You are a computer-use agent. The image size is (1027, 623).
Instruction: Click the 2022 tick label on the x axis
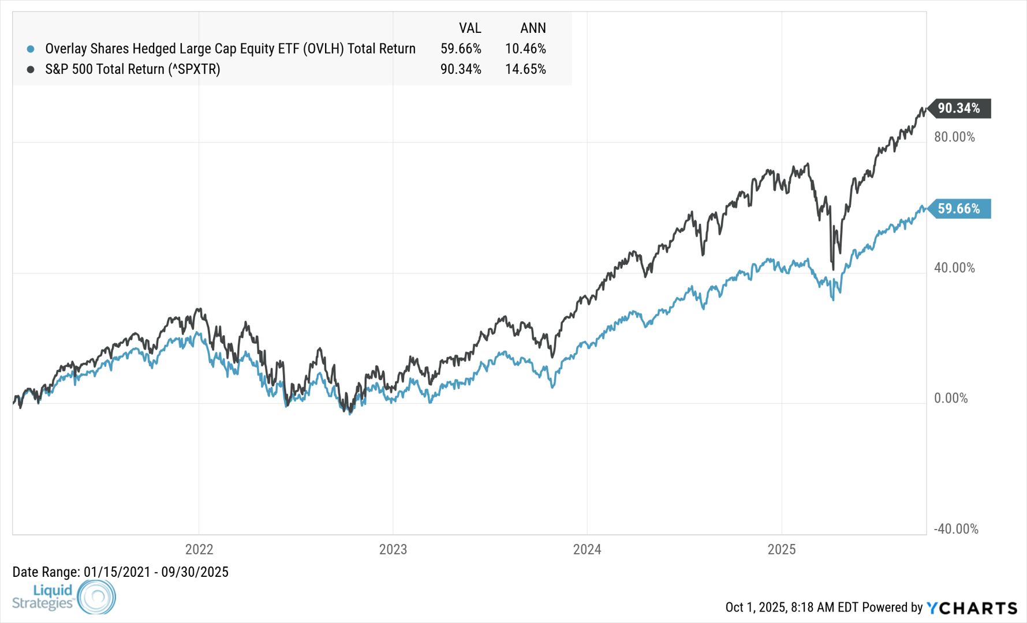(x=199, y=549)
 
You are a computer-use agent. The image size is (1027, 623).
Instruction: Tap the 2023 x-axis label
(x=393, y=549)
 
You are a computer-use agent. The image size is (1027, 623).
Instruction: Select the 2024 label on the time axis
(x=587, y=549)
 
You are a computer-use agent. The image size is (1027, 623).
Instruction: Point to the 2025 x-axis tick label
(x=781, y=549)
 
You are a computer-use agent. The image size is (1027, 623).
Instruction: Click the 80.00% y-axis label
(x=954, y=137)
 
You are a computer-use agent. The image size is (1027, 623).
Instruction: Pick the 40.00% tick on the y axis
(x=954, y=268)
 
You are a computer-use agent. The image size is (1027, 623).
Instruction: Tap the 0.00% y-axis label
(x=951, y=398)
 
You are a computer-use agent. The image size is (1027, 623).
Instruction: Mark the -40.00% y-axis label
(x=956, y=529)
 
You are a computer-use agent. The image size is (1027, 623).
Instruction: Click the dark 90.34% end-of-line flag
(x=959, y=108)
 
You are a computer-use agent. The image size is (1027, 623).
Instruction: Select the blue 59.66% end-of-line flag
(x=959, y=209)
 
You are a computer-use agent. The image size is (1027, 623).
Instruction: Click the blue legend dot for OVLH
(x=31, y=49)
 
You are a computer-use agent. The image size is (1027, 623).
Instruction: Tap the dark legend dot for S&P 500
(x=31, y=69)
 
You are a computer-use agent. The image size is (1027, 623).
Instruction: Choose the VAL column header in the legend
(x=470, y=28)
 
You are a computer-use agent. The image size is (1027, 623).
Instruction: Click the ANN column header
(x=533, y=28)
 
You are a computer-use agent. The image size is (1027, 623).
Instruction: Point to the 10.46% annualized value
(x=525, y=48)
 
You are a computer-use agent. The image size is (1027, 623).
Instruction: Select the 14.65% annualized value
(x=525, y=69)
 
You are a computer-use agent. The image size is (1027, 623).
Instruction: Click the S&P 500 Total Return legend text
(x=133, y=69)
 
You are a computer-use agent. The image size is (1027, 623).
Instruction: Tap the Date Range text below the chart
(x=120, y=572)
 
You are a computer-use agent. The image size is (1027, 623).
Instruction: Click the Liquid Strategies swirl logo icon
(x=96, y=596)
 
